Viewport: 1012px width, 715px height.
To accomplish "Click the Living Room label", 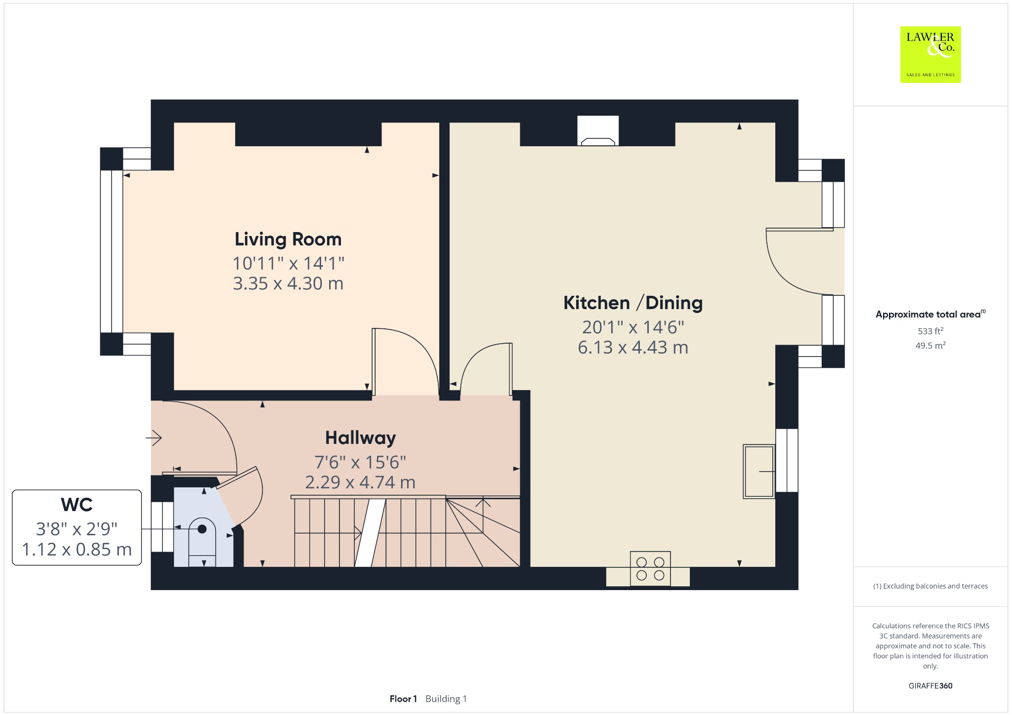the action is [288, 239].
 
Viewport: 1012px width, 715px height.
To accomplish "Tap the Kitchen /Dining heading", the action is [633, 303].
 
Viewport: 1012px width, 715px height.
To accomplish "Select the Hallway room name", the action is [360, 438].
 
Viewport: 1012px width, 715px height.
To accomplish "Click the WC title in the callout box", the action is [77, 505].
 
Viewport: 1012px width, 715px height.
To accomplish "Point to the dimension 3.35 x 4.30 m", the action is [288, 283].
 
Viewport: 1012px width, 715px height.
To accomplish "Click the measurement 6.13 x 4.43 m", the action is [633, 348].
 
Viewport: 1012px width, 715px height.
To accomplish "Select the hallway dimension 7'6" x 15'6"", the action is [360, 462].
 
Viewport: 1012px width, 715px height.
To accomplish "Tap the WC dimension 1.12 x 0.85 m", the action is [77, 550].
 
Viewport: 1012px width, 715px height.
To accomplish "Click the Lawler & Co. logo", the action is [930, 54].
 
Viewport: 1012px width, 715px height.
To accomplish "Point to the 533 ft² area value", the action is [930, 331].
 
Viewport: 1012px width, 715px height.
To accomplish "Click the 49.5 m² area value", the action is [930, 345].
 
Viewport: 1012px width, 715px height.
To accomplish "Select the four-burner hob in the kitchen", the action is [650, 569].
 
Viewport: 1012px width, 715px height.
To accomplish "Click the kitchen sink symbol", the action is [759, 471].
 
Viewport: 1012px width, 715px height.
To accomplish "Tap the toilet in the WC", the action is [202, 542].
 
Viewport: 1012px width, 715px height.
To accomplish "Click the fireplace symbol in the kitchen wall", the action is [598, 131].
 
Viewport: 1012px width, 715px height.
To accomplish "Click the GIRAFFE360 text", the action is [930, 686].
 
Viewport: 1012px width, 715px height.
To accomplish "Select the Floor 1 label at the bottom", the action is [403, 699].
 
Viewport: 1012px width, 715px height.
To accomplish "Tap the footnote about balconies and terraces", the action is [930, 586].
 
